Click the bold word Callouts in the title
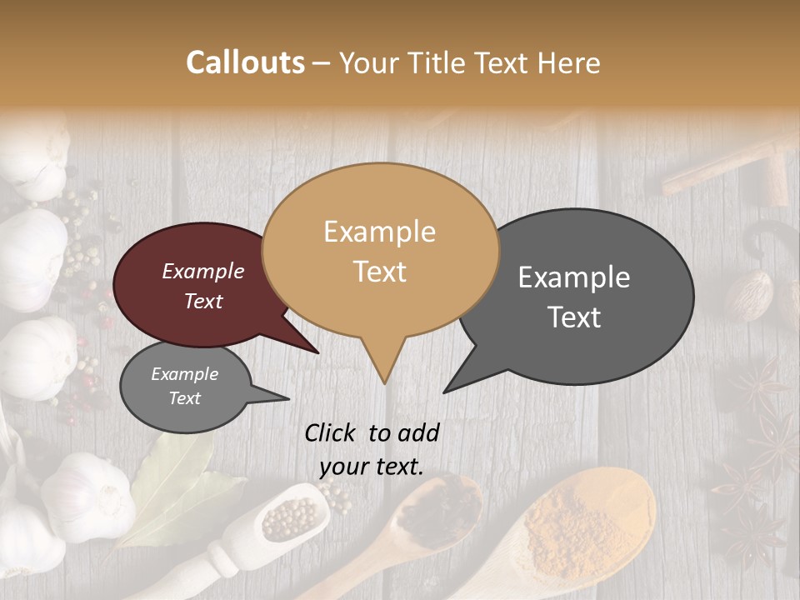245,62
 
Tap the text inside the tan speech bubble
380,252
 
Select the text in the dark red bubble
203,286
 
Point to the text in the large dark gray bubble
574,297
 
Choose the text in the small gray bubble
185,386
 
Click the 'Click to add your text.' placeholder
372,449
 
